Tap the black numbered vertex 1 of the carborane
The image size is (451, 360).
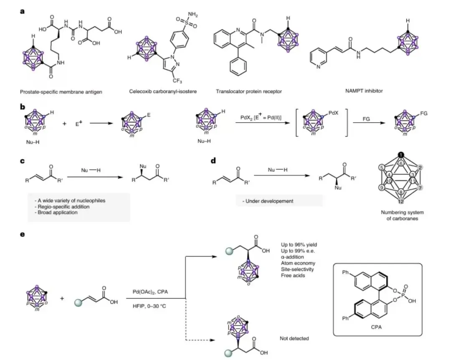click(x=401, y=156)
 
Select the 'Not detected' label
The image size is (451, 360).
click(x=294, y=338)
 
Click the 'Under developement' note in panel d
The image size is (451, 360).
click(x=270, y=201)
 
